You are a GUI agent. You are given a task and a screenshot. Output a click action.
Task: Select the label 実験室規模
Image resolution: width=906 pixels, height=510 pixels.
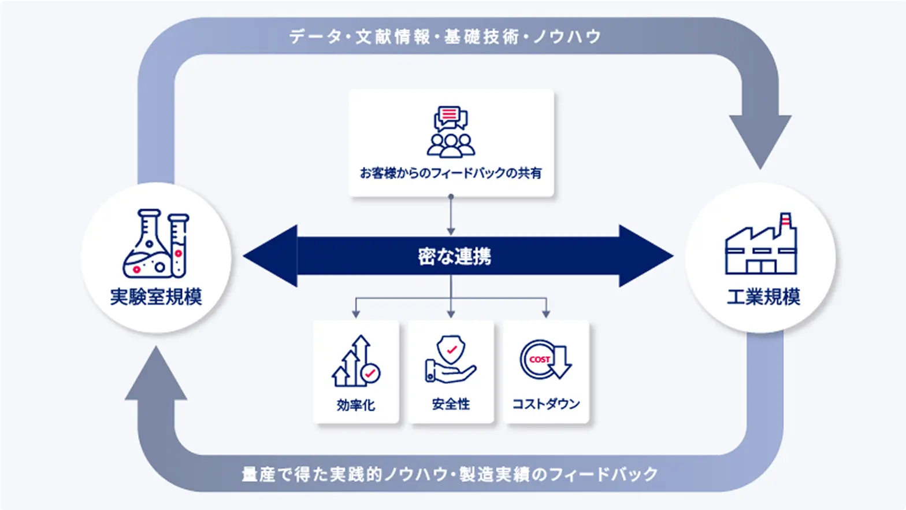(x=156, y=297)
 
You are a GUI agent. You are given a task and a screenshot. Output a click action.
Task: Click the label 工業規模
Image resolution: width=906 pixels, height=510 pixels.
(x=763, y=297)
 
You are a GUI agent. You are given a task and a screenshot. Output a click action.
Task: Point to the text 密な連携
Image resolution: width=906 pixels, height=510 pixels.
(x=454, y=256)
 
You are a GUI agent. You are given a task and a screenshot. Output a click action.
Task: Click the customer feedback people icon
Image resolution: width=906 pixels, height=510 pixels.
(x=451, y=132)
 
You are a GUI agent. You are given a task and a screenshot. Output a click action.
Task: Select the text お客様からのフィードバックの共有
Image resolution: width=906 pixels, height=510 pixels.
(x=451, y=173)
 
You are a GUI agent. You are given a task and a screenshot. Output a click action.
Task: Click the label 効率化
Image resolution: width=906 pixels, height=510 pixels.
(x=356, y=404)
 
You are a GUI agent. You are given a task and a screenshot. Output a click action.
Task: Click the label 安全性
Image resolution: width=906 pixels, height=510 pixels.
(x=451, y=404)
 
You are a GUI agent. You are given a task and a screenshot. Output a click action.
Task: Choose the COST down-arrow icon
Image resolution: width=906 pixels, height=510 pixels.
(x=545, y=360)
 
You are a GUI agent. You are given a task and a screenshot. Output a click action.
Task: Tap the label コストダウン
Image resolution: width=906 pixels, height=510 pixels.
(x=545, y=404)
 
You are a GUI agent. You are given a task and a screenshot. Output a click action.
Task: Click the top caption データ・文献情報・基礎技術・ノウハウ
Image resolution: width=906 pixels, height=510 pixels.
(x=445, y=37)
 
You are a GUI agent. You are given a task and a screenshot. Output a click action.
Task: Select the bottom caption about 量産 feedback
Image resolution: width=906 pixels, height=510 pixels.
(x=450, y=475)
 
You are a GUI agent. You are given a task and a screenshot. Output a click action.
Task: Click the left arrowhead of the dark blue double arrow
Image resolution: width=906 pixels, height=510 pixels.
(x=272, y=256)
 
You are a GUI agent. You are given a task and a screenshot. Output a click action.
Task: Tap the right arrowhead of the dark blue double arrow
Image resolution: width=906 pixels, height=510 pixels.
(x=645, y=256)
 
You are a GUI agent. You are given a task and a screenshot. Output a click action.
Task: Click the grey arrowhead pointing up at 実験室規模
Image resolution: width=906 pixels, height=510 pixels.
(x=156, y=375)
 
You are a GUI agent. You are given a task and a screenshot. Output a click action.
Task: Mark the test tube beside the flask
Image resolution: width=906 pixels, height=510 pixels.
(x=178, y=245)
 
